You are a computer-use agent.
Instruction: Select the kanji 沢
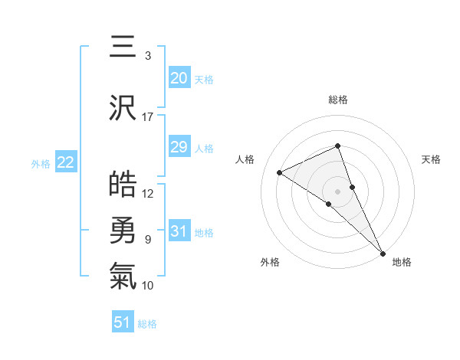pos(123,107)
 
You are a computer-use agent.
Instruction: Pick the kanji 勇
pos(123,230)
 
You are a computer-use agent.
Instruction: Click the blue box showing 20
pos(179,78)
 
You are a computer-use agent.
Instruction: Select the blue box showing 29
pos(179,147)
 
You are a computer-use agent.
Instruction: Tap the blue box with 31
pos(179,231)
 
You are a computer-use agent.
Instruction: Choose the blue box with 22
pos(65,162)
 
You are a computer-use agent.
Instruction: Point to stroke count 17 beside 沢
pos(148,117)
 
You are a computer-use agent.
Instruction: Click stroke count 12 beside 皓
pos(148,194)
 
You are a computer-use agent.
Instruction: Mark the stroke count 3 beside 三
pos(148,56)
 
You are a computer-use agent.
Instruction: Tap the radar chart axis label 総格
pos(337,100)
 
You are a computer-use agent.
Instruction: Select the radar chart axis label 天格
pos(431,159)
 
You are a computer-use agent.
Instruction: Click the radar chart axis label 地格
pos(402,263)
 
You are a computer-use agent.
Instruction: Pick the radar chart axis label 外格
pos(270,263)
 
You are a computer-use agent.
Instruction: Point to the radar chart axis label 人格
pos(245,159)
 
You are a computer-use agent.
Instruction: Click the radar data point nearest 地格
pos(382,251)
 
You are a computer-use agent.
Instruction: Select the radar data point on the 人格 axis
pos(280,172)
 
